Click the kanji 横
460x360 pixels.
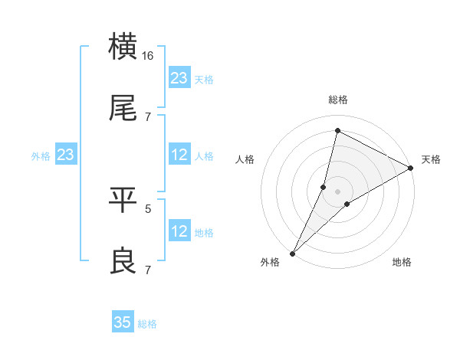(124, 46)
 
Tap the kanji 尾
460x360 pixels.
(124, 110)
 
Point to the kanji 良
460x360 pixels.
(124, 262)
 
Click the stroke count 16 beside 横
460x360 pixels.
(148, 56)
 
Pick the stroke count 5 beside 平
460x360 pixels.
(148, 207)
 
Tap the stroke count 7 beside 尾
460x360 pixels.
(148, 116)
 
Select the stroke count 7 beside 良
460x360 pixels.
(148, 270)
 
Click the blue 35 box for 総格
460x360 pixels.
(123, 322)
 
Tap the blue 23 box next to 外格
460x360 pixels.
(66, 155)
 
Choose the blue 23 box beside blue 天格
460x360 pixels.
(179, 77)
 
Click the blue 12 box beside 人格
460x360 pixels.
(179, 155)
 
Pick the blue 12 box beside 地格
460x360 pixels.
(179, 231)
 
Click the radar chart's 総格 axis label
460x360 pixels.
(338, 100)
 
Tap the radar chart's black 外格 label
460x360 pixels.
(271, 263)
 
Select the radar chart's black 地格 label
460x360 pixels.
(402, 263)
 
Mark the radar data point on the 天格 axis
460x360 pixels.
(411, 168)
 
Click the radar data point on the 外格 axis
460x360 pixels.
(293, 253)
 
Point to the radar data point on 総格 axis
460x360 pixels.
(337, 131)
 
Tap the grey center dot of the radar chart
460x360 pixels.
(338, 191)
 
